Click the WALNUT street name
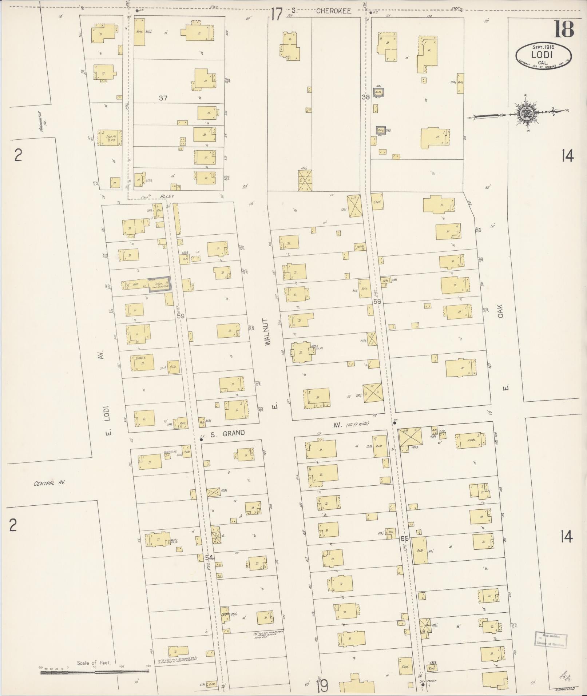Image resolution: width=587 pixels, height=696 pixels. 269,332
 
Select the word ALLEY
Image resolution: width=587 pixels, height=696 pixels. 167,196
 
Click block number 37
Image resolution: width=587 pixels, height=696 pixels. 163,98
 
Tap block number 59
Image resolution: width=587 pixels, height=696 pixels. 181,316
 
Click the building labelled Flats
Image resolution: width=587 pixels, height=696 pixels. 471,441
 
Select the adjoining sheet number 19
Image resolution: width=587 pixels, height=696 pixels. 322,685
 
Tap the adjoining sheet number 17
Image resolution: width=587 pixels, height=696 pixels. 276,15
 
